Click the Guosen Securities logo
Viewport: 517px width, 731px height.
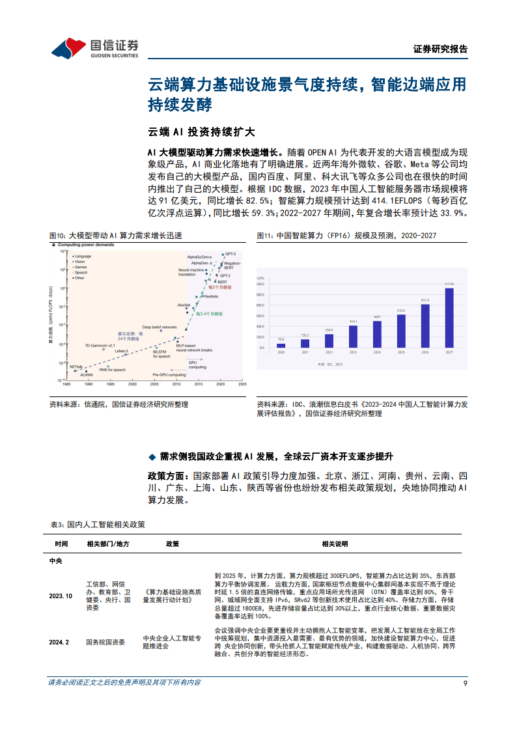click(x=94, y=48)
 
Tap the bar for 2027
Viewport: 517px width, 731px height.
click(x=449, y=319)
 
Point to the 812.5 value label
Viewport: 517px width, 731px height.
click(x=425, y=300)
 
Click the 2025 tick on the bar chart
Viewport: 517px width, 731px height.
click(x=401, y=352)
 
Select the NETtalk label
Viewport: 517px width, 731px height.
click(x=76, y=366)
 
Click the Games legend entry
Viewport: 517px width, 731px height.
click(x=80, y=267)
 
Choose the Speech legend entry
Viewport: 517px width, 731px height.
click(x=81, y=272)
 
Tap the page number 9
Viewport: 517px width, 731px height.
click(x=464, y=683)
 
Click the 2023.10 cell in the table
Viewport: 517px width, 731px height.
click(x=61, y=596)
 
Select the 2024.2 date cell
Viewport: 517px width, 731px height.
click(x=59, y=642)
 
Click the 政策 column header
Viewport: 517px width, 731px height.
click(x=172, y=544)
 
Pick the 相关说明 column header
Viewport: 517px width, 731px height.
click(x=335, y=544)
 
